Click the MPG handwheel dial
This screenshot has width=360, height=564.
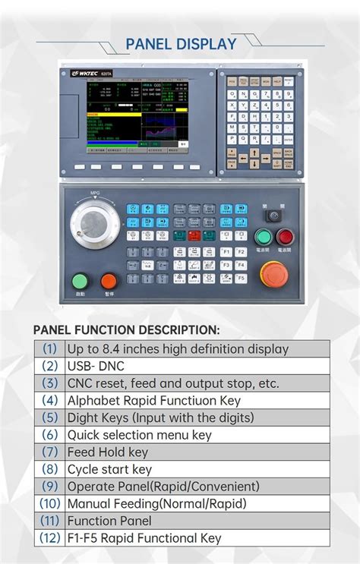pyautogui.click(x=96, y=224)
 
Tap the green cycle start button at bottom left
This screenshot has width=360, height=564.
pyautogui.click(x=80, y=280)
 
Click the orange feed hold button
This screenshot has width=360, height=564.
pyautogui.click(x=109, y=280)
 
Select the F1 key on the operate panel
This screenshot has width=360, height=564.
pyautogui.click(x=226, y=251)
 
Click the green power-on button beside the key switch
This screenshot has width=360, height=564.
pyautogui.click(x=264, y=236)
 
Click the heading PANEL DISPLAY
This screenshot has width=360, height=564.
pyautogui.click(x=181, y=44)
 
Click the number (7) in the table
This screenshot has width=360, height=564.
pyautogui.click(x=49, y=452)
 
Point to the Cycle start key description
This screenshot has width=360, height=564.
pyautogui.click(x=109, y=469)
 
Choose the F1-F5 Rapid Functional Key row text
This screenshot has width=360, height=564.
pyautogui.click(x=144, y=538)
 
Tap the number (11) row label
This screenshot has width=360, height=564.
pyautogui.click(x=49, y=521)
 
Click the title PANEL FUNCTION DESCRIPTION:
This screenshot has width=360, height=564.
pyautogui.click(x=126, y=330)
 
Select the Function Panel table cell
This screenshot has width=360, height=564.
pyautogui.click(x=109, y=521)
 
